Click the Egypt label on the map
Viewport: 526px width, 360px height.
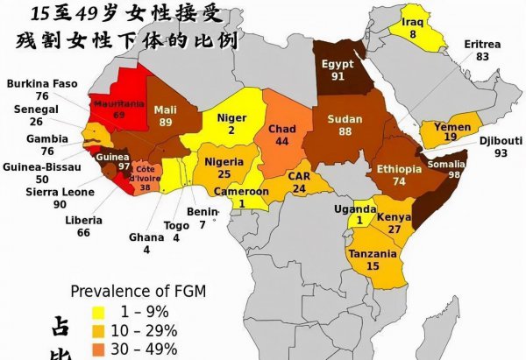click(338, 64)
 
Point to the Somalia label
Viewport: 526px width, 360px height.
click(448, 164)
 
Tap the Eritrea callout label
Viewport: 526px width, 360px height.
click(483, 44)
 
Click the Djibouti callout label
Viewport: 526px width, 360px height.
click(501, 140)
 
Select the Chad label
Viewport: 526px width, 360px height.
click(282, 129)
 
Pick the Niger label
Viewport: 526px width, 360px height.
click(231, 117)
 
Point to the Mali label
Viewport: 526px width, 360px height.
click(166, 109)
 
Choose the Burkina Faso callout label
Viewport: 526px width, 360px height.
click(41, 84)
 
